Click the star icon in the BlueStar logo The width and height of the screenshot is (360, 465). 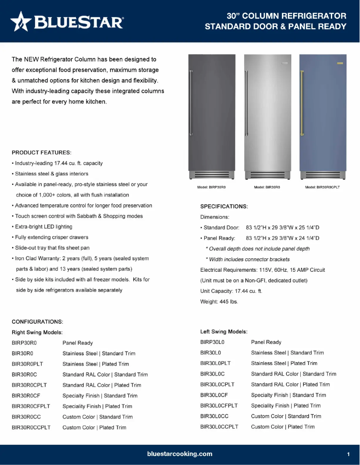(21, 22)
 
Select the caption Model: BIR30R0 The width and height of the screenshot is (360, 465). (267, 187)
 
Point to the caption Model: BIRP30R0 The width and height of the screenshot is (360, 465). (211, 187)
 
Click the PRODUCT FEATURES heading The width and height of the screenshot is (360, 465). (42, 152)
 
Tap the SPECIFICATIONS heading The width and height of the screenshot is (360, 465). (224, 206)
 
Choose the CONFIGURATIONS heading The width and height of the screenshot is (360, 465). (37, 322)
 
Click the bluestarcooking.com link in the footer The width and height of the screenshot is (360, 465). (180, 454)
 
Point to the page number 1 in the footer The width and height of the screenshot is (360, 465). (348, 454)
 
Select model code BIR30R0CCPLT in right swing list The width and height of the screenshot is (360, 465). (31, 427)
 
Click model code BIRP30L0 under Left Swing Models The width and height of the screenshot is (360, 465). (212, 342)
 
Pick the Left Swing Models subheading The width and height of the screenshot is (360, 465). (224, 332)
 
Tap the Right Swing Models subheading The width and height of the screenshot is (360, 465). (37, 332)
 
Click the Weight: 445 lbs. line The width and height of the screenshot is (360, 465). (219, 302)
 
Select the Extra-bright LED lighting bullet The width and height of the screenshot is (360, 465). (44, 226)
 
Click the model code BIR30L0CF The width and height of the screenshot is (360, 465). (214, 395)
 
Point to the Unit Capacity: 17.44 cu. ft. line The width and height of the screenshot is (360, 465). (231, 291)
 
